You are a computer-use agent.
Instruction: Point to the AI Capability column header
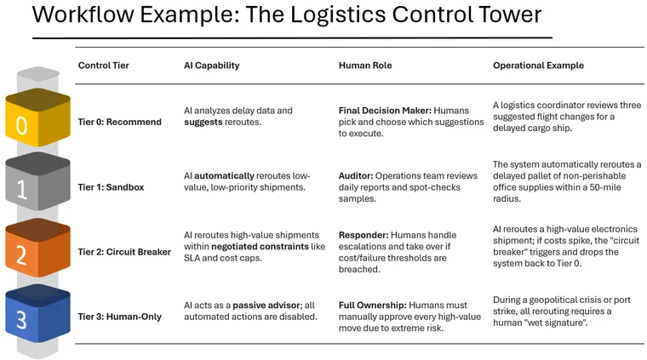(x=212, y=66)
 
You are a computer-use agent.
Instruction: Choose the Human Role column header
(x=365, y=66)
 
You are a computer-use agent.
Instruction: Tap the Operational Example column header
(x=539, y=66)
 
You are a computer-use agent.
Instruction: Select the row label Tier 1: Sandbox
(x=115, y=186)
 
